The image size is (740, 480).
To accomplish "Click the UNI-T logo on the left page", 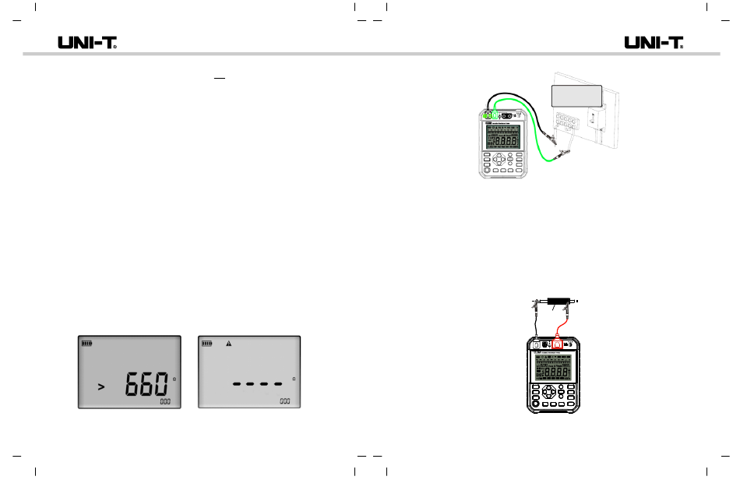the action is [87, 43].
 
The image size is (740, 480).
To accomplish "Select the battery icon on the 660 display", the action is [86, 342].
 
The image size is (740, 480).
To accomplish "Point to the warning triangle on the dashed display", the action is [229, 343].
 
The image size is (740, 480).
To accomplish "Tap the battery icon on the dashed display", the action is [207, 342].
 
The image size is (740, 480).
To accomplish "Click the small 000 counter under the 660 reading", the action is [167, 401].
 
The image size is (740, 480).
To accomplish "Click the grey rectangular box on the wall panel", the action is [577, 97].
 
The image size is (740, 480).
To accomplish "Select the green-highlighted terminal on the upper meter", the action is [488, 115].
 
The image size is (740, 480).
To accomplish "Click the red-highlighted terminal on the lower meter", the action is [558, 344].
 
